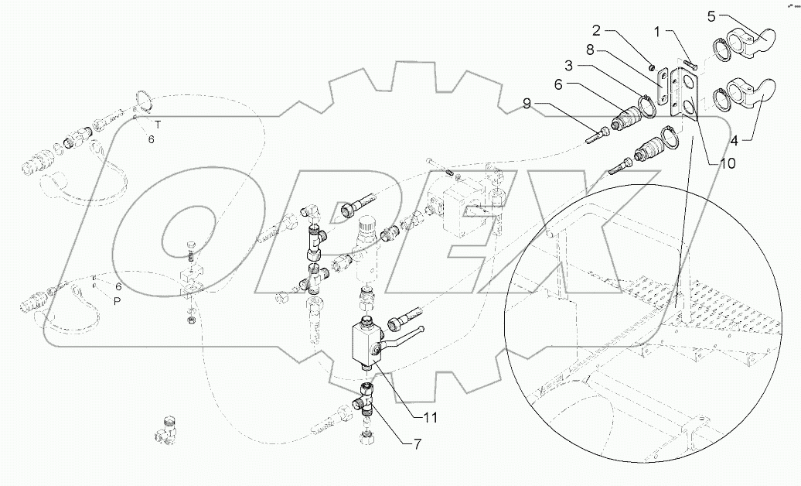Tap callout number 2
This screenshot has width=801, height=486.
click(x=597, y=31)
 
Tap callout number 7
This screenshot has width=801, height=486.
click(x=418, y=444)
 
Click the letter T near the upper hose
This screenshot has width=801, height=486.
click(x=157, y=124)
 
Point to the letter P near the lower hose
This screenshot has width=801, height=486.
click(x=118, y=302)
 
